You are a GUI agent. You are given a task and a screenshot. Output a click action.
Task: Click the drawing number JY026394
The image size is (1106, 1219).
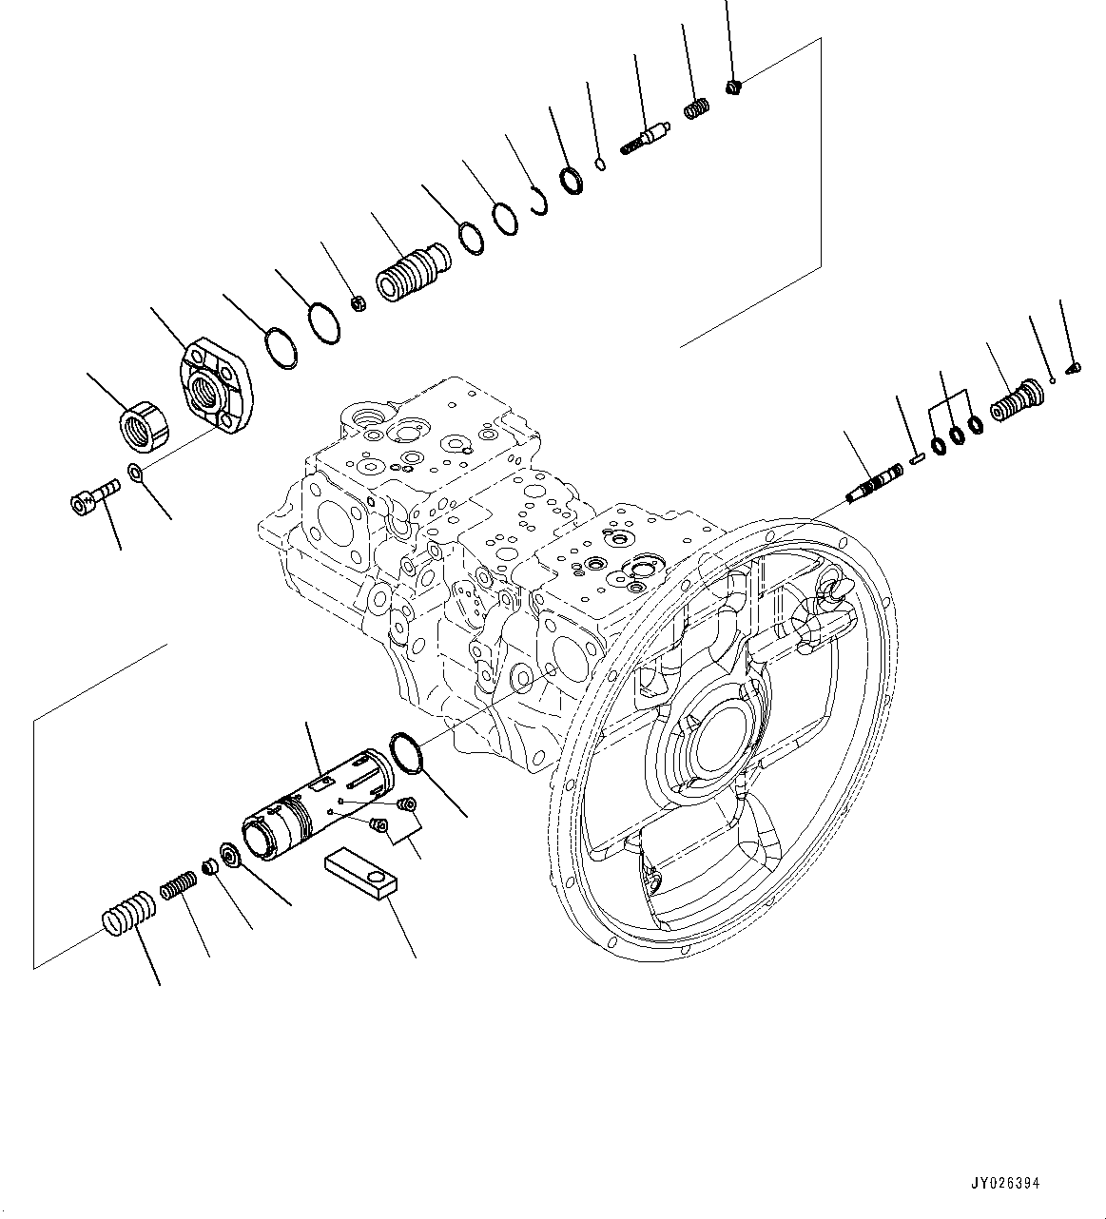[x=1005, y=1184]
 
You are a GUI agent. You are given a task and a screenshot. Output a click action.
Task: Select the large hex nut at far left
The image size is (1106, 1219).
[x=146, y=425]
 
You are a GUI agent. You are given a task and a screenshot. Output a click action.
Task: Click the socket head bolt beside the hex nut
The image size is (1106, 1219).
[x=92, y=497]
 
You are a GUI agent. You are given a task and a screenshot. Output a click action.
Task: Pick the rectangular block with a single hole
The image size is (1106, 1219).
[x=361, y=872]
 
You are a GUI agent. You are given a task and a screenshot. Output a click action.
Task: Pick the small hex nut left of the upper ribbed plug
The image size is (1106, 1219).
[x=359, y=303]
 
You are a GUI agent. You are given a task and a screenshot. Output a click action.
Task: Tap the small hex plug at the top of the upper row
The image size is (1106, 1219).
[x=733, y=88]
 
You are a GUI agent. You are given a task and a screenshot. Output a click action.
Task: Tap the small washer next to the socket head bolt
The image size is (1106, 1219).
[x=136, y=473]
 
